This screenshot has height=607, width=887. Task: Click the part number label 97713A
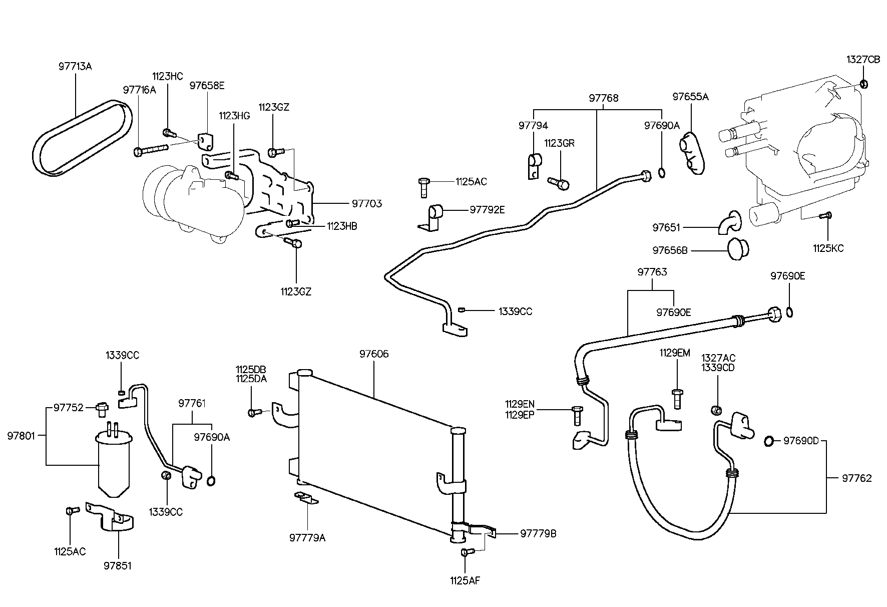(x=76, y=66)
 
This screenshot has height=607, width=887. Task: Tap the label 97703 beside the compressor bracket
(x=366, y=203)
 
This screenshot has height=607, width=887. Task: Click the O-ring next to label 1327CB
(x=864, y=84)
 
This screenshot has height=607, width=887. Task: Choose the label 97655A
(x=690, y=97)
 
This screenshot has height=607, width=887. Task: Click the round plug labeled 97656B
(x=736, y=249)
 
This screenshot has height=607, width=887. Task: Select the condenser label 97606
(x=373, y=354)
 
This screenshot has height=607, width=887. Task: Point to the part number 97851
(x=118, y=566)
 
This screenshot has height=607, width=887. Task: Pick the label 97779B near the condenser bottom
(x=538, y=534)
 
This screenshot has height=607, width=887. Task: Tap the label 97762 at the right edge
(x=856, y=478)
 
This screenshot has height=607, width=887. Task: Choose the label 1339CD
(x=718, y=368)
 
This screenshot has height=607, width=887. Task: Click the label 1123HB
(x=342, y=226)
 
